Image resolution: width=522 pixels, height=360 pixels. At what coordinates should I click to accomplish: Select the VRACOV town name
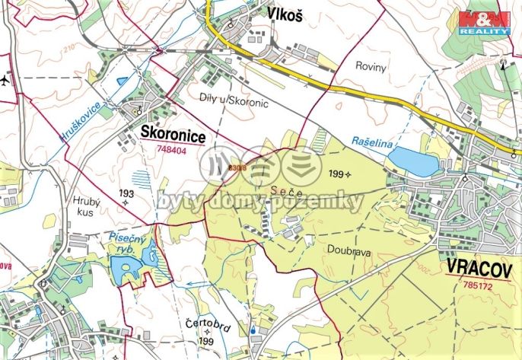[x=479, y=269]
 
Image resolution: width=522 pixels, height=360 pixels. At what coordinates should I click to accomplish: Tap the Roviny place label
[x=371, y=66]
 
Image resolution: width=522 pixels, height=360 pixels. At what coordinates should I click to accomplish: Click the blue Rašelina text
[x=372, y=141]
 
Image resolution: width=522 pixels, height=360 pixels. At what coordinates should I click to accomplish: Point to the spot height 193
[x=126, y=194]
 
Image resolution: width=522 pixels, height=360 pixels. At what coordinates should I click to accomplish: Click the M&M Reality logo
[x=484, y=22]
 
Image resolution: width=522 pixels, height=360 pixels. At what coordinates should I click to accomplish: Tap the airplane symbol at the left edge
[x=6, y=79]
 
